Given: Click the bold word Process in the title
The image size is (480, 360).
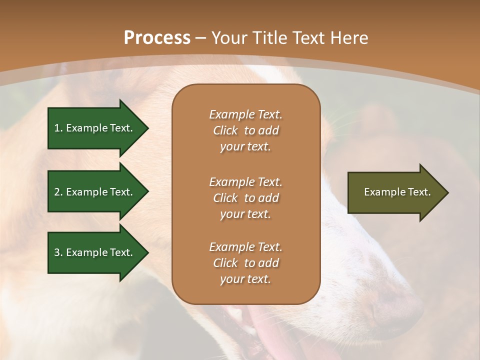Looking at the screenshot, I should click(157, 38).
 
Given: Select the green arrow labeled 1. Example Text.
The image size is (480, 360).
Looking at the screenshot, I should click(95, 128).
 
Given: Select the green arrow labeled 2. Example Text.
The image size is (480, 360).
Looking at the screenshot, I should click(95, 192).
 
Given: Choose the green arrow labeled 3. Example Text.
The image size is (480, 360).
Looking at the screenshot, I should click(95, 252).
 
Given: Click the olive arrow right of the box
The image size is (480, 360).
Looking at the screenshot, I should click(395, 192).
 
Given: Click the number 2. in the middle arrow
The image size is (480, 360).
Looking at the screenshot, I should click(58, 192).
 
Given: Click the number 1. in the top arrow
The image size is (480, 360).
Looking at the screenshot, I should click(58, 128).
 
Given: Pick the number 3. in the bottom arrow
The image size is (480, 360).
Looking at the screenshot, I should click(58, 252).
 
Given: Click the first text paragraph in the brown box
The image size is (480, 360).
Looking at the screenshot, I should click(245, 130).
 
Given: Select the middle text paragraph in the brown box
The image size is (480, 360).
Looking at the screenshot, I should click(245, 198).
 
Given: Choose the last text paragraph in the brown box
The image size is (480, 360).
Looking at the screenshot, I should click(245, 263).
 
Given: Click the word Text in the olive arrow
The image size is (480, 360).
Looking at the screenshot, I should click(419, 192).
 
